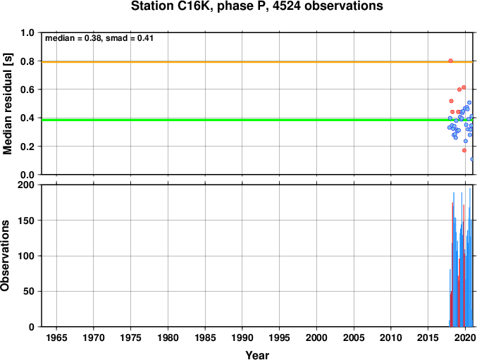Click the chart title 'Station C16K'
[x=172, y=6]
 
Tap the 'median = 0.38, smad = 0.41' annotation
[x=99, y=38]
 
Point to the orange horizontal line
[x=257, y=62]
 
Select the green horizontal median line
[x=257, y=120]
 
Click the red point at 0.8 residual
[x=450, y=61]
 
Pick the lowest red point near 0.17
[x=464, y=150]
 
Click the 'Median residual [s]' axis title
[x=7, y=104]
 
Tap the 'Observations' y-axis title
[x=5, y=256]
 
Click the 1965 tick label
[x=56, y=337]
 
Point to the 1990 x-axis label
[x=242, y=337]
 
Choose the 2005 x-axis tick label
[x=354, y=337]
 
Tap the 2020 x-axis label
[x=465, y=337]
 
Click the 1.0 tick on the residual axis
[x=27, y=32]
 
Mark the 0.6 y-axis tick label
[x=27, y=89]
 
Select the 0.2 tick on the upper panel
[x=27, y=147]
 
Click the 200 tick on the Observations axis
[x=26, y=185]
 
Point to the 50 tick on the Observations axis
[x=29, y=291]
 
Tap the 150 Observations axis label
[x=26, y=221]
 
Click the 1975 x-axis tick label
[x=131, y=337]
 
